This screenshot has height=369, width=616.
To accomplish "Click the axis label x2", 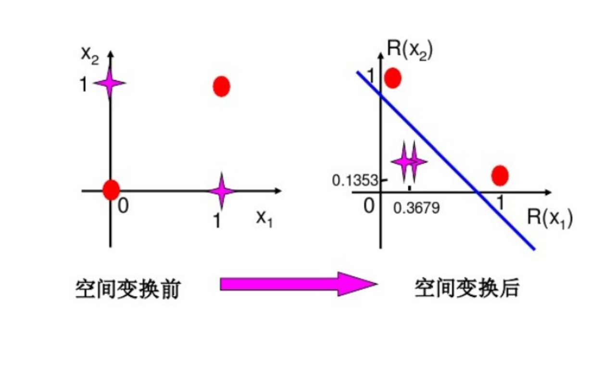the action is (90, 56).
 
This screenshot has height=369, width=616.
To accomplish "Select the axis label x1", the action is (264, 219).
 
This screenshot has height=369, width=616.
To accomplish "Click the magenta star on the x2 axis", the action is (110, 83).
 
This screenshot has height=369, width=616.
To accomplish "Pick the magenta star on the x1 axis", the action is (221, 191).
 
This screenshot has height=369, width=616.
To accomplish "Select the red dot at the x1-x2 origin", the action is (111, 190).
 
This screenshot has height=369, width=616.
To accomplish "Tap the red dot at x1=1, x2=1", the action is (221, 86).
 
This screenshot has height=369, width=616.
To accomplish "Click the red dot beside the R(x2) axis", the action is (393, 78).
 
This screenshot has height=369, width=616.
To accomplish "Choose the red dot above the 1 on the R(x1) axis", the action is (500, 175).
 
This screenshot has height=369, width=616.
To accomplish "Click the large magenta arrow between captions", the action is (298, 284).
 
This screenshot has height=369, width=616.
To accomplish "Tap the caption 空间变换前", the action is (127, 289).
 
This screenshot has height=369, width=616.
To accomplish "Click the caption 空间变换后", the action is (466, 288).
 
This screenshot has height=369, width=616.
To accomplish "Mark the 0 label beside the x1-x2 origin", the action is (123, 207).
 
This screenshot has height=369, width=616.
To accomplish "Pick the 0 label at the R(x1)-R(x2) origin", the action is (369, 206).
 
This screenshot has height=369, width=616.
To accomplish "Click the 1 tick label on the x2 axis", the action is (83, 86).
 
